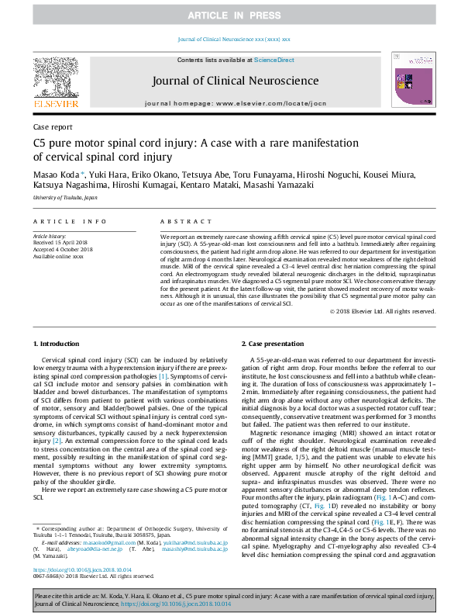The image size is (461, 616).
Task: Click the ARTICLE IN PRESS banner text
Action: pyautogui.click(x=230, y=16)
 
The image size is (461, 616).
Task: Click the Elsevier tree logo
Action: pyautogui.click(x=56, y=78)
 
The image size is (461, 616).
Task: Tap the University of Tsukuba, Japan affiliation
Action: pyautogui.click(x=65, y=199)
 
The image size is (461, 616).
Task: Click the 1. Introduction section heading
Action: pyautogui.click(x=56, y=343)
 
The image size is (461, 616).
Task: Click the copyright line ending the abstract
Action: pyautogui.click(x=383, y=311)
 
